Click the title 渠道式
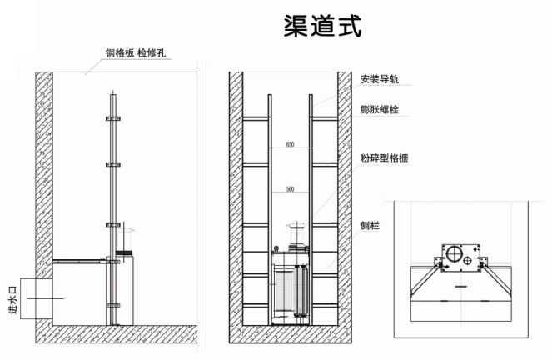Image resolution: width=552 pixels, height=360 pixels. click(322, 26)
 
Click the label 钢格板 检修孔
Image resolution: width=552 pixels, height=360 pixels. click(137, 52)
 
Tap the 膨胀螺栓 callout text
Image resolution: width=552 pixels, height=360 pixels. click(380, 108)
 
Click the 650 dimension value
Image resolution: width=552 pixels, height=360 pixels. click(290, 145)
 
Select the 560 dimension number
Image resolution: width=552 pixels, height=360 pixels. click(290, 190)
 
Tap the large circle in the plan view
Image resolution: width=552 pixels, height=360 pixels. click(455, 254)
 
